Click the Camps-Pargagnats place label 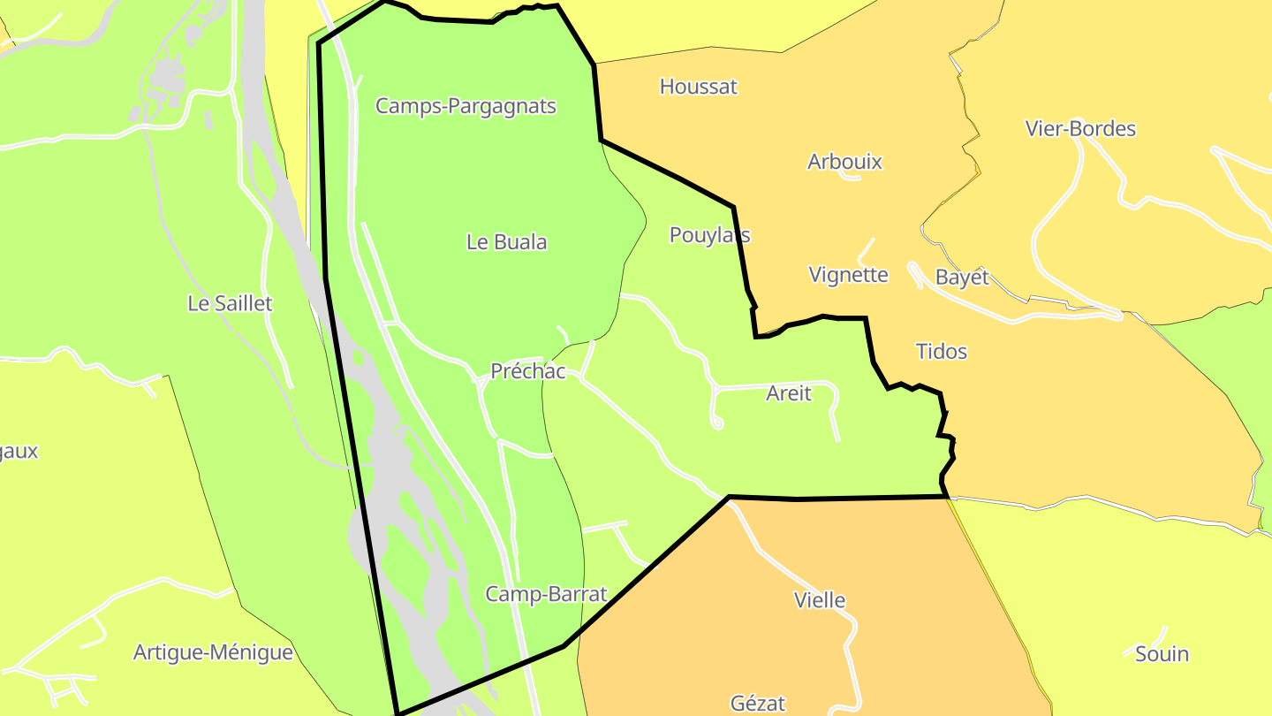pyautogui.click(x=466, y=106)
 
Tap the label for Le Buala pyautogui.click(x=506, y=242)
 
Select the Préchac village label pyautogui.click(x=527, y=371)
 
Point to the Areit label pyautogui.click(x=788, y=394)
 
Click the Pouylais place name pyautogui.click(x=709, y=235)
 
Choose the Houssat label pyautogui.click(x=698, y=87)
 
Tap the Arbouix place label pyautogui.click(x=844, y=162)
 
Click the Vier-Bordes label pyautogui.click(x=1080, y=129)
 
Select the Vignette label pyautogui.click(x=848, y=275)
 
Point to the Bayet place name pyautogui.click(x=962, y=278)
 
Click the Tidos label pyautogui.click(x=942, y=352)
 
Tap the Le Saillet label pyautogui.click(x=230, y=304)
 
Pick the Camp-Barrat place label pyautogui.click(x=546, y=594)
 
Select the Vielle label pyautogui.click(x=820, y=600)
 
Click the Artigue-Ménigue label pyautogui.click(x=213, y=653)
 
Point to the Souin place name pyautogui.click(x=1162, y=655)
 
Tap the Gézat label pyautogui.click(x=758, y=704)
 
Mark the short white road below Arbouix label pyautogui.click(x=851, y=177)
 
